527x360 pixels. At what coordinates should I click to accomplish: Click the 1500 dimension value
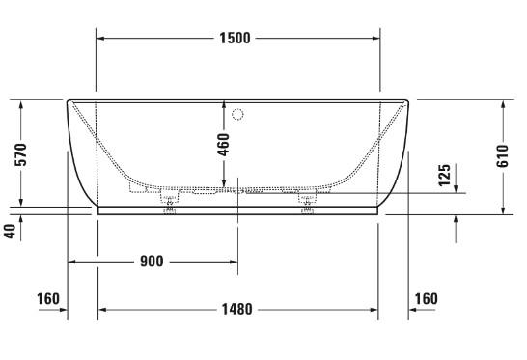pyautogui.click(x=236, y=39)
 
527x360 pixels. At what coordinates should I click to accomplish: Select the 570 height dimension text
pyautogui.click(x=20, y=153)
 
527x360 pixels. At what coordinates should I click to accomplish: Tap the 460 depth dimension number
pyautogui.click(x=224, y=145)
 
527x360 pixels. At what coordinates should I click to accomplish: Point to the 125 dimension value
pyautogui.click(x=444, y=178)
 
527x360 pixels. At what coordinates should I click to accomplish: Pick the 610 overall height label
pyautogui.click(x=502, y=155)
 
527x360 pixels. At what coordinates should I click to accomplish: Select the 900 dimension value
pyautogui.click(x=151, y=262)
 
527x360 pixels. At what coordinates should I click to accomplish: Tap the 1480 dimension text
pyautogui.click(x=236, y=309)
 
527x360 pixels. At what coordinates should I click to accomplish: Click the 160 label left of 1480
pyautogui.click(x=48, y=299)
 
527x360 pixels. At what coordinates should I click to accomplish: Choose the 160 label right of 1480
pyautogui.click(x=425, y=299)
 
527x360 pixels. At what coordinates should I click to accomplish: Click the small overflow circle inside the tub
pyautogui.click(x=239, y=115)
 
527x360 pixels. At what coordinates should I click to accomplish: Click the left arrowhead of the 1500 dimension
pyautogui.click(x=100, y=39)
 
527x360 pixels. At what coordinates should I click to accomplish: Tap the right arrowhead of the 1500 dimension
pyautogui.click(x=374, y=39)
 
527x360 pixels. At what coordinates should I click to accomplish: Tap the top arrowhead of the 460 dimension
pyautogui.click(x=224, y=104)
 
